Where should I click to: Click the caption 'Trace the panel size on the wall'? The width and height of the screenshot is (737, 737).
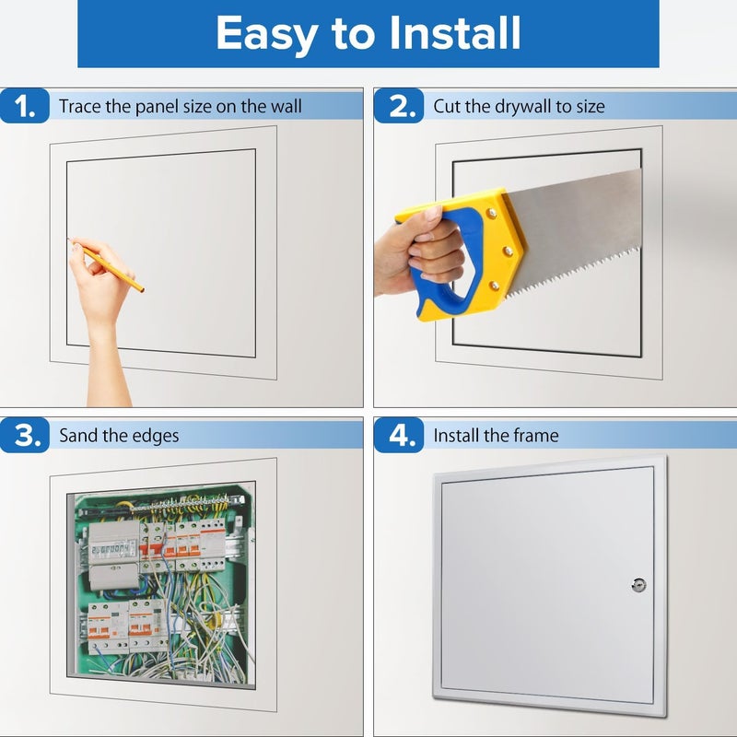click(181, 107)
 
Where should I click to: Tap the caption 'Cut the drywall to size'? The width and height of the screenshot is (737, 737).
click(519, 107)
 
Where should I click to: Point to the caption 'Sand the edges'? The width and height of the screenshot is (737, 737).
click(119, 436)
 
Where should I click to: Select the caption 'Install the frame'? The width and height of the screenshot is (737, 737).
click(496, 436)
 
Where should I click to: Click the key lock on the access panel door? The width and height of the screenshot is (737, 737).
click(638, 584)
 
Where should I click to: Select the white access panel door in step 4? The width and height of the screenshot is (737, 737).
click(544, 590)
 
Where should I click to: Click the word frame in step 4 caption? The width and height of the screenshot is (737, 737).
click(536, 436)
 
